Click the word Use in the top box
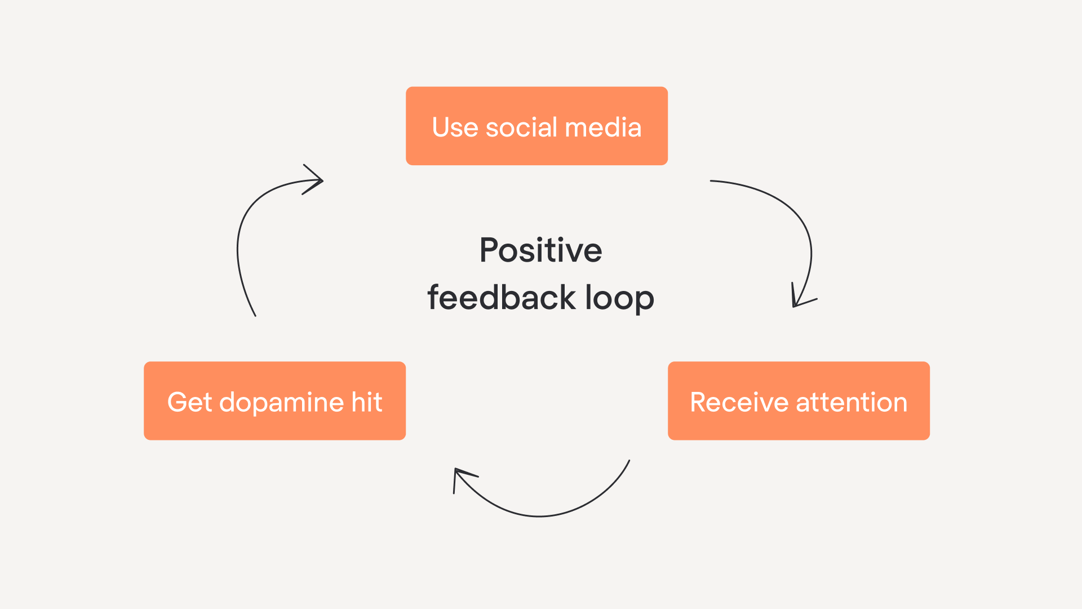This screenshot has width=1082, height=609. pyautogui.click(x=455, y=127)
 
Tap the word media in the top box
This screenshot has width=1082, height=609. pyautogui.click(x=603, y=127)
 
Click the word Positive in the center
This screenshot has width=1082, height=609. pyautogui.click(x=540, y=250)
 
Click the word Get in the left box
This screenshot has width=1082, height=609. pyautogui.click(x=189, y=402)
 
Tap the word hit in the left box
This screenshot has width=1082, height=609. pyautogui.click(x=367, y=402)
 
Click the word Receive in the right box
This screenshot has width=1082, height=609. pyautogui.click(x=739, y=403)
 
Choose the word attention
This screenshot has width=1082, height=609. pyautogui.click(x=852, y=403)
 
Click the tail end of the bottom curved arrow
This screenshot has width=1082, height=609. pyautogui.click(x=629, y=461)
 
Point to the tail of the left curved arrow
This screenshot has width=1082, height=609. pyautogui.click(x=255, y=315)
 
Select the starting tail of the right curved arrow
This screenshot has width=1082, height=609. pyautogui.click(x=711, y=181)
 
